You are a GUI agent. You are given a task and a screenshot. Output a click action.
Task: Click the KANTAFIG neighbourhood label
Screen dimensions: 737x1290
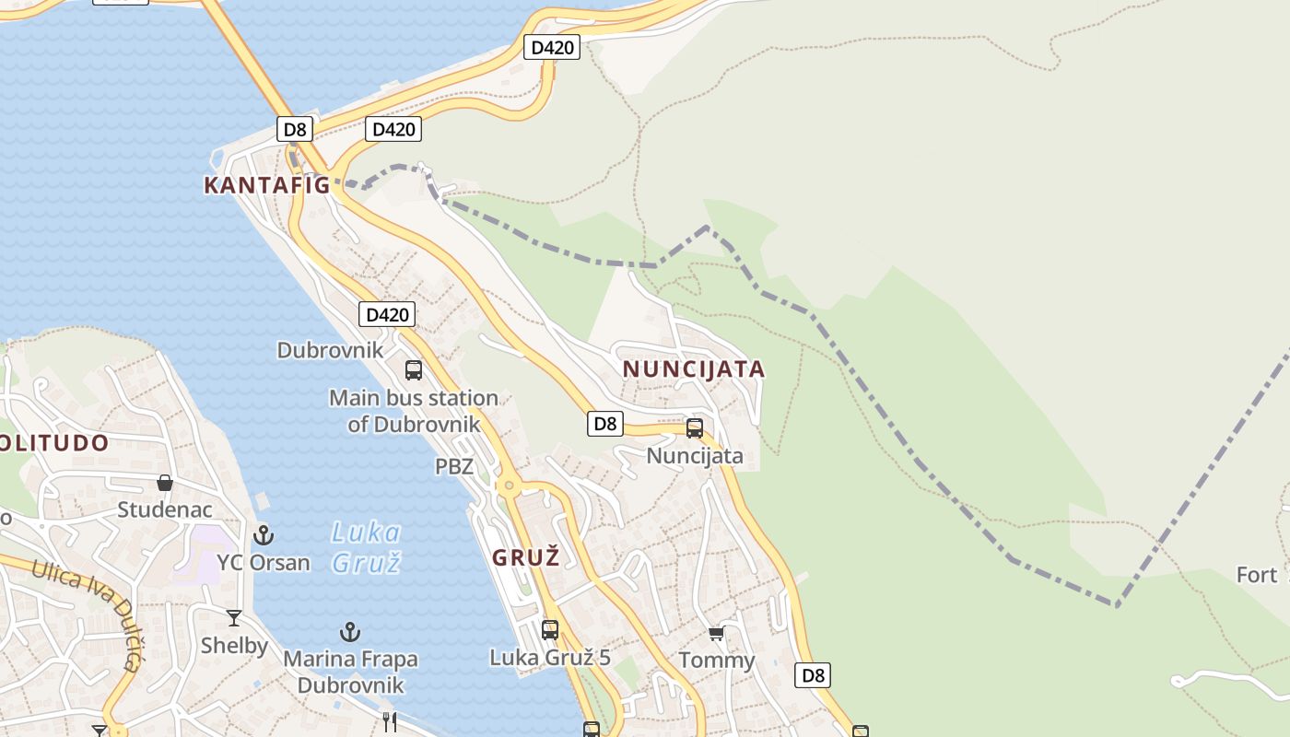point(266,185)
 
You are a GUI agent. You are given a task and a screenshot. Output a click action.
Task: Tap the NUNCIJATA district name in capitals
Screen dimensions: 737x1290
point(694,369)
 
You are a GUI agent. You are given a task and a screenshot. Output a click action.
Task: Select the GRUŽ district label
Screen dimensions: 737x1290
point(526,557)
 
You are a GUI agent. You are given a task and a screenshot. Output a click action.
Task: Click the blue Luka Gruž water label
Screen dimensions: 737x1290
point(366,546)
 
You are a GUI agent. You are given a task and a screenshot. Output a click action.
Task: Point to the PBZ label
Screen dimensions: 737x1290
point(454,466)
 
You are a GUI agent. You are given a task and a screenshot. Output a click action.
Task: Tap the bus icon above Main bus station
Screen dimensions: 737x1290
point(414,370)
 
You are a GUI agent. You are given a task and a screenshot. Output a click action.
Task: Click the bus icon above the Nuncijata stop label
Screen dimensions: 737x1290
point(695,428)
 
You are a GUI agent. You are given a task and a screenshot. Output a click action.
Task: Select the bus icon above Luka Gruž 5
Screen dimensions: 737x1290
point(550,630)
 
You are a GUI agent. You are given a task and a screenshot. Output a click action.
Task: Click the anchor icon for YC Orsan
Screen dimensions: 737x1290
point(264,534)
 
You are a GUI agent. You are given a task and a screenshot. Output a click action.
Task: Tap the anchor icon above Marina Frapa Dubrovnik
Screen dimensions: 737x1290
point(349,632)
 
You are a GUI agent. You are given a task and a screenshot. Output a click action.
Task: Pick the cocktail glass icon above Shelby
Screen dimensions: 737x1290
point(234,618)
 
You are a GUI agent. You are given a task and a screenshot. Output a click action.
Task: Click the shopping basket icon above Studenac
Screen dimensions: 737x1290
point(165,483)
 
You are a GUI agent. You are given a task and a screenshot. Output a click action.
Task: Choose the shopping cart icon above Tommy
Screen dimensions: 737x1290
point(716,633)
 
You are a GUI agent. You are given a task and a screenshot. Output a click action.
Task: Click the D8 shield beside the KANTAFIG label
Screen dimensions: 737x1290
point(295,129)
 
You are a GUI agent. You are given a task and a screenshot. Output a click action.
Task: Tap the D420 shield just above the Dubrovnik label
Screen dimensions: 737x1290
point(387,314)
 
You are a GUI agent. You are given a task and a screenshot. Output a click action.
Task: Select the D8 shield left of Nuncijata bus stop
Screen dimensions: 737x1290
point(604,424)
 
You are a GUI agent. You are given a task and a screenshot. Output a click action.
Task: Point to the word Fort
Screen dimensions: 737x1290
point(1257,575)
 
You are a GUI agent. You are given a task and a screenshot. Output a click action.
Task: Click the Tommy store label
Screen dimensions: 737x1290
point(717,661)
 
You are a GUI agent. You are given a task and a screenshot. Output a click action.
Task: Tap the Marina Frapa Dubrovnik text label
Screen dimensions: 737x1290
point(350,673)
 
